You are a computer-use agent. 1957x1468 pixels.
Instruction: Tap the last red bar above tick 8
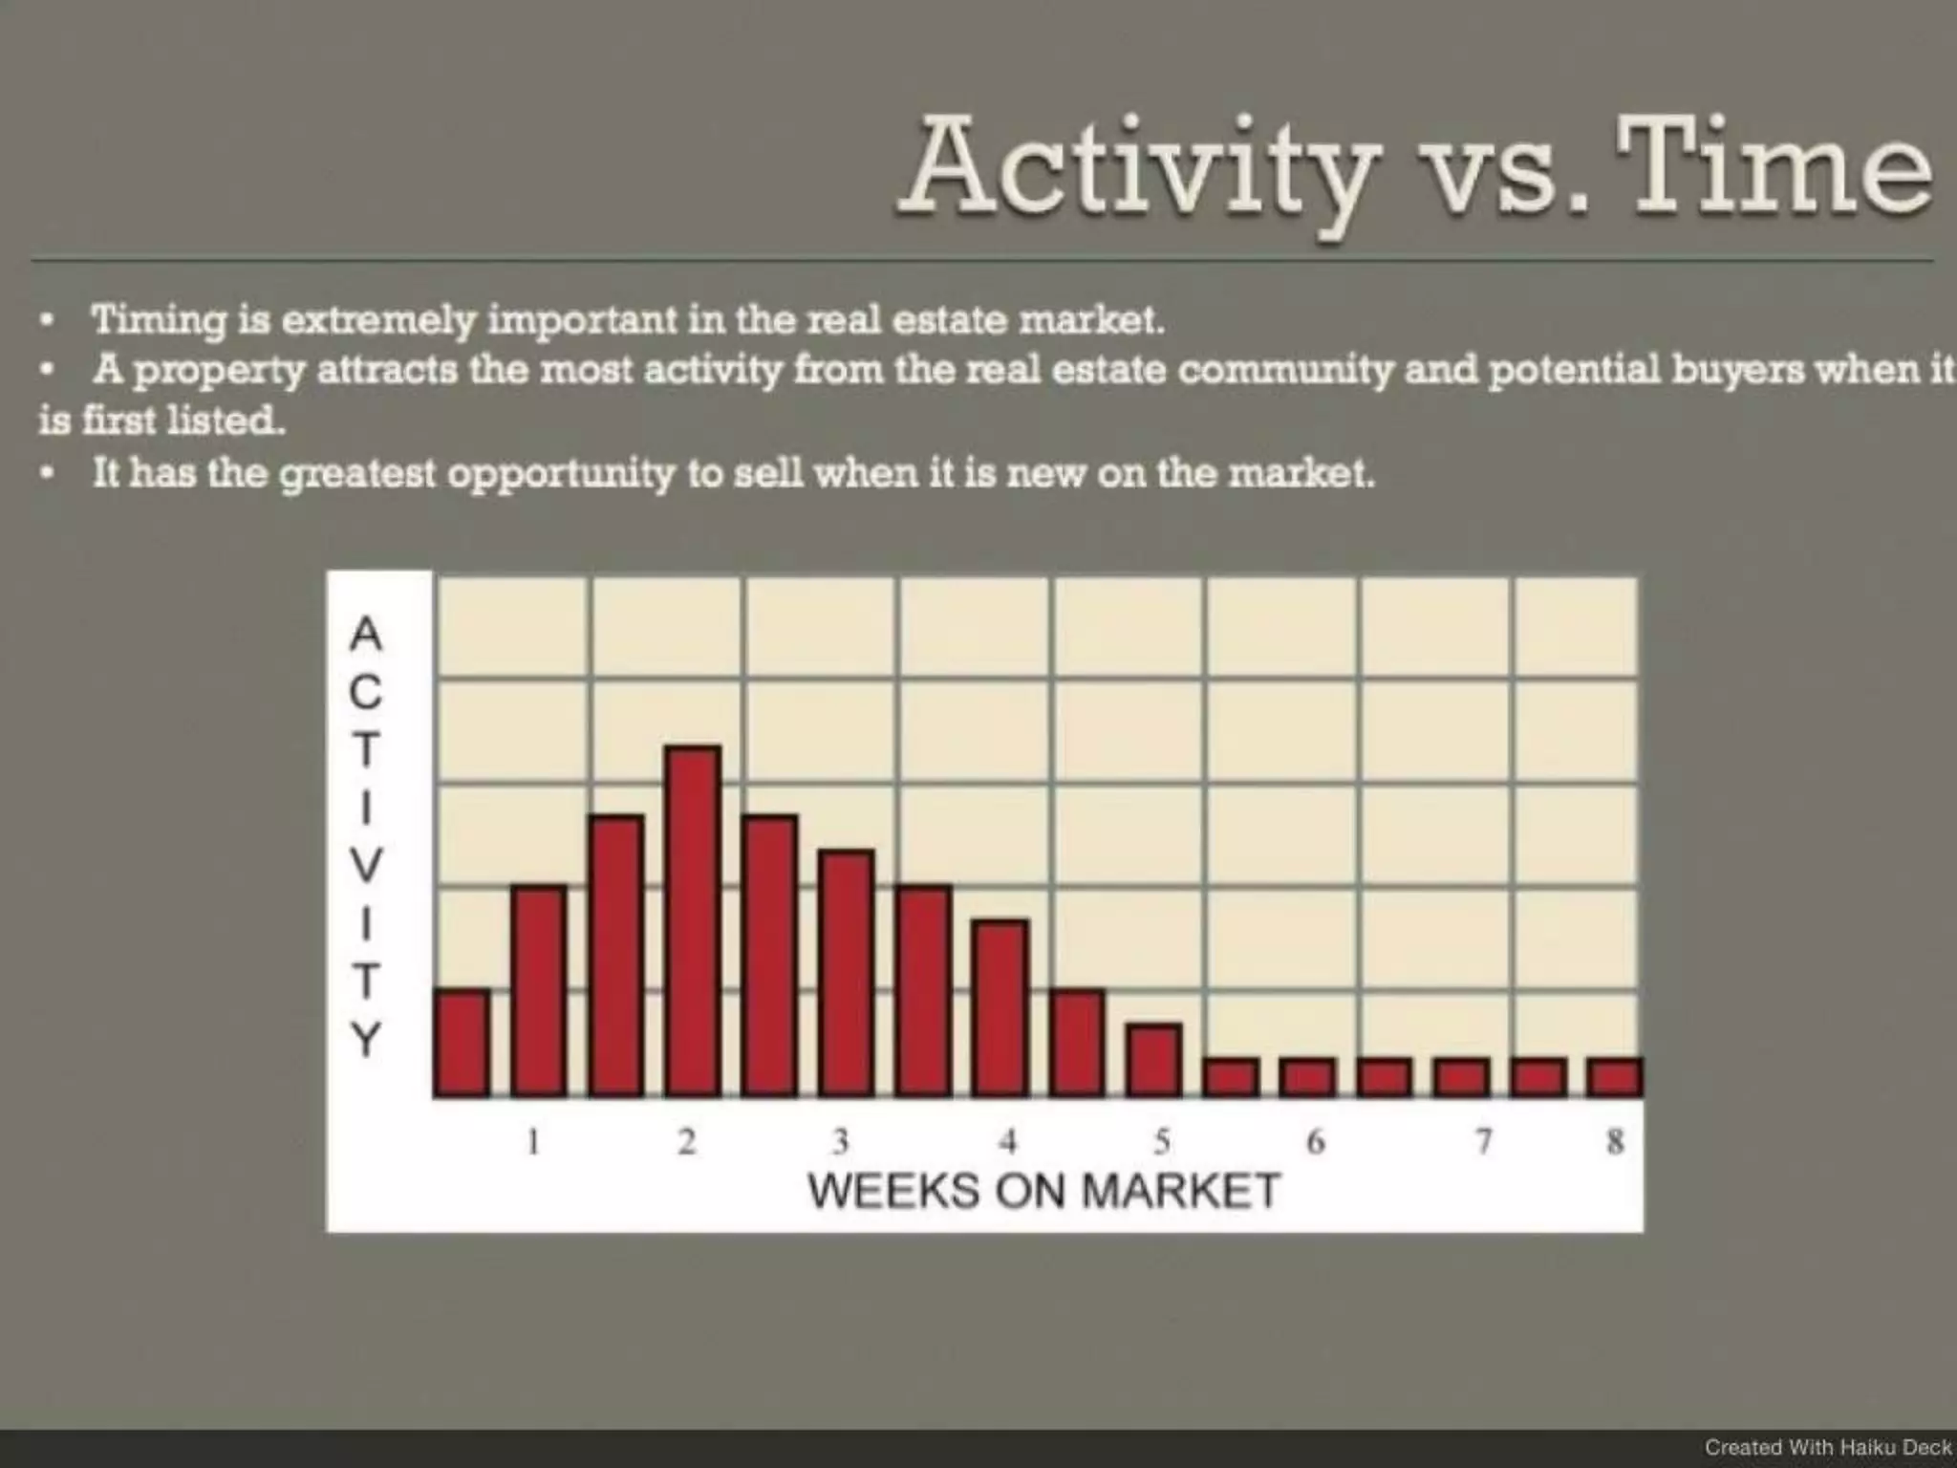point(1614,1076)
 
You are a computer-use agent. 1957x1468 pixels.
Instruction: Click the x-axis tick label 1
point(533,1141)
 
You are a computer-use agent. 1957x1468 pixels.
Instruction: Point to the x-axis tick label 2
point(686,1141)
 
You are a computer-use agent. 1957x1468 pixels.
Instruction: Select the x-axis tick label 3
point(840,1141)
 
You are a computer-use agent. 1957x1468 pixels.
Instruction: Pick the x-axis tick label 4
point(1007,1141)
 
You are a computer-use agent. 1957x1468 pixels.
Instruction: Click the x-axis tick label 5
point(1161,1141)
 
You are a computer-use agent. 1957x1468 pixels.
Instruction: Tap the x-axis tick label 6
point(1315,1141)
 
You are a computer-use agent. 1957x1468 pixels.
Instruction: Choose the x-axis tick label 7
point(1482,1141)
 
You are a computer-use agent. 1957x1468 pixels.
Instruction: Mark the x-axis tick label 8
point(1615,1141)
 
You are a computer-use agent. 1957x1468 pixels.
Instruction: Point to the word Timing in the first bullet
point(158,320)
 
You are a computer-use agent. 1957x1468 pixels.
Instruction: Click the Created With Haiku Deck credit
point(1827,1447)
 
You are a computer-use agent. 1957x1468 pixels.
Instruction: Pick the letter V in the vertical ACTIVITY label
point(365,864)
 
